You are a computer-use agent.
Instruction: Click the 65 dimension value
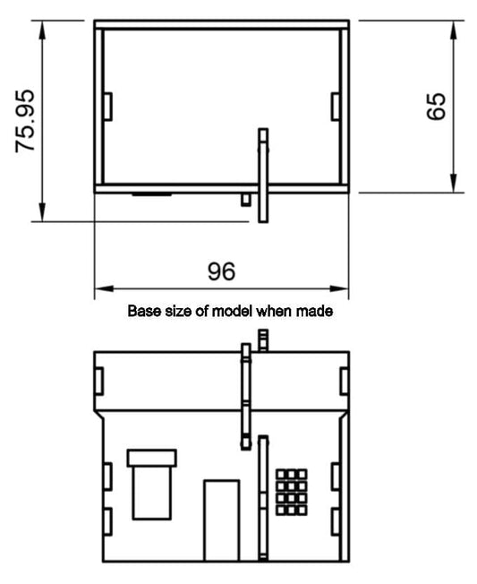pos(436,107)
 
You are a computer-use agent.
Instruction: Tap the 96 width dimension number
pos(221,271)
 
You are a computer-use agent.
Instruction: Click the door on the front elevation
pos(221,520)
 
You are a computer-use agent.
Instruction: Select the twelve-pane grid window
pos(292,493)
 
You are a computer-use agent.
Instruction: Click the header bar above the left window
pos(152,458)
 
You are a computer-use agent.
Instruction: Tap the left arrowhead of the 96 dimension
pos(104,288)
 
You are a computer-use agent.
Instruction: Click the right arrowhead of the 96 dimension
pos(339,288)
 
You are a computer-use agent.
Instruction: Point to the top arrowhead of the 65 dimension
pos(453,30)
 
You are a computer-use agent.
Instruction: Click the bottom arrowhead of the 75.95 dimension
pos(42,212)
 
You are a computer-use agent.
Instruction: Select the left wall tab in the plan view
pos(108,107)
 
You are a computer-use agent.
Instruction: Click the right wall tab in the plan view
pos(336,107)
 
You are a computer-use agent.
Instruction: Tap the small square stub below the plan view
pos(245,199)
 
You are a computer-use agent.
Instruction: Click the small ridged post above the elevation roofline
pos(263,340)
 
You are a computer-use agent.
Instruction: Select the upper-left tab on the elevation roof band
pos(99,381)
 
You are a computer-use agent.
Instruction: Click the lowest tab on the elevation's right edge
pos(336,522)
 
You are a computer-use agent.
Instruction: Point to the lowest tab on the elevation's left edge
pos(107,522)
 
